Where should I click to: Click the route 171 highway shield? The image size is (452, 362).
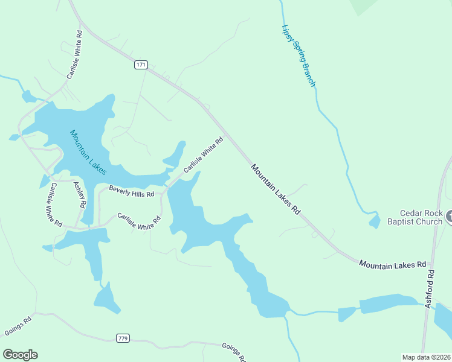(x=141, y=65)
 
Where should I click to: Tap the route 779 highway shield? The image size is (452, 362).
(x=123, y=337)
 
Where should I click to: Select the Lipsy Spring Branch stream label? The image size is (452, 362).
(x=298, y=55)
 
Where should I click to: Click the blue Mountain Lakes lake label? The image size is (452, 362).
(x=88, y=152)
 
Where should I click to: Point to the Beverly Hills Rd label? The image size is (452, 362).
(x=131, y=191)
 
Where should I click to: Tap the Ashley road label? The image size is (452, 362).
(x=80, y=195)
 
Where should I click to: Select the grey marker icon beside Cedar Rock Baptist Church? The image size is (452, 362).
(x=448, y=216)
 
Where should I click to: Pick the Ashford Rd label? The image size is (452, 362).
(x=430, y=289)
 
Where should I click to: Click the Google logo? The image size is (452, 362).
(x=20, y=355)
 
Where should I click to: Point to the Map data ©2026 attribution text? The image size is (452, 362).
(x=426, y=357)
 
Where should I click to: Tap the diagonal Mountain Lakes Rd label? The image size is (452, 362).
(x=276, y=190)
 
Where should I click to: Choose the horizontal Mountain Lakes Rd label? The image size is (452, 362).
(x=392, y=264)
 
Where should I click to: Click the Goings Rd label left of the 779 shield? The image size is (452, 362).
(x=18, y=326)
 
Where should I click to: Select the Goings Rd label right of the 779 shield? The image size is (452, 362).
(x=233, y=352)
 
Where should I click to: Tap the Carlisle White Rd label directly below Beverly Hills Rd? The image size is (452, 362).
(x=138, y=221)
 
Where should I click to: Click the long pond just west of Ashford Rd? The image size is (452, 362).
(x=388, y=303)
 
